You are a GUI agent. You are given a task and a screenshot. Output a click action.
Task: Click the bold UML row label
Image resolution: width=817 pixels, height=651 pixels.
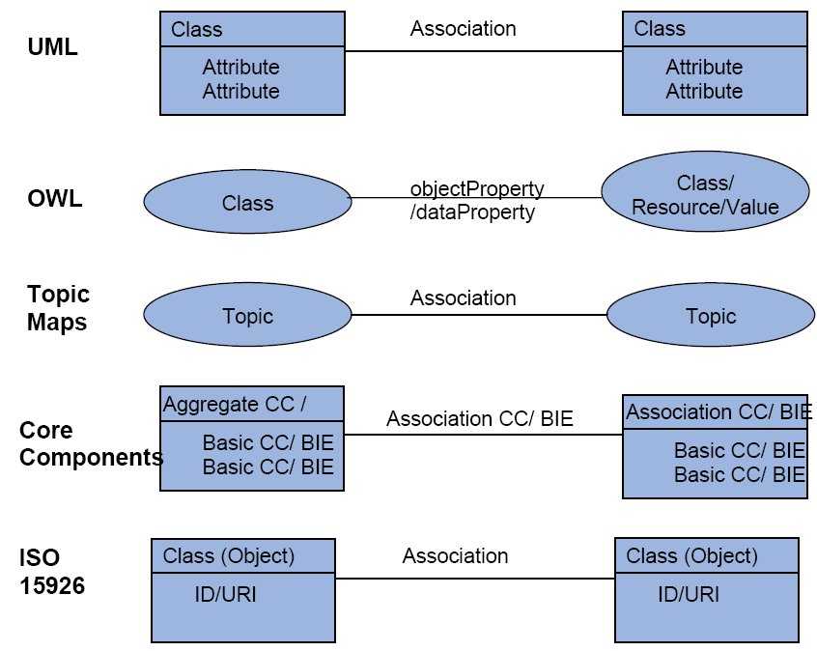point(52,47)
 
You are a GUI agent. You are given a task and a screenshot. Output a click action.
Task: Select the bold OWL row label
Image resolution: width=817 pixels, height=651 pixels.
point(55,199)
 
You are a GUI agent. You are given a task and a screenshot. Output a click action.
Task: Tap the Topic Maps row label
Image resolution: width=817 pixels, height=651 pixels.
point(58,308)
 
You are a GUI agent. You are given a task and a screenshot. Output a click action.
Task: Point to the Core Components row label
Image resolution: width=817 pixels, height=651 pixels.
point(91,443)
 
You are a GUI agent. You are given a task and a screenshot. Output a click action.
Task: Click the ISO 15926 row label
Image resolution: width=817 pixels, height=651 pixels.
point(52,572)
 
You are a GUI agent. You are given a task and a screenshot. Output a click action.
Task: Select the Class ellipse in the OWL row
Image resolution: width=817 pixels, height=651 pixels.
point(247,202)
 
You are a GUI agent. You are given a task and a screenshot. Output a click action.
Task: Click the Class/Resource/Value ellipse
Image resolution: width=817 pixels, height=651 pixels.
point(706,191)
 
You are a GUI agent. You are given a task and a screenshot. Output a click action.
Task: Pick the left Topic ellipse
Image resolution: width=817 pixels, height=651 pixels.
point(247,315)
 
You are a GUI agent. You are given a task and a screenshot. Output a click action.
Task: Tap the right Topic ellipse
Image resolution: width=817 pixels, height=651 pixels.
point(711,315)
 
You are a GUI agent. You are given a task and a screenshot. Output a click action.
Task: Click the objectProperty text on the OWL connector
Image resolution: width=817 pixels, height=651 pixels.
point(477,188)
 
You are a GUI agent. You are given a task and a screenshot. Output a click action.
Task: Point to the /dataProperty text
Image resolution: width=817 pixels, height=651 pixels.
point(472,212)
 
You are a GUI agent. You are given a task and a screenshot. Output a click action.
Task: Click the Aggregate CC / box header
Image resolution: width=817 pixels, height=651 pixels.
point(252,404)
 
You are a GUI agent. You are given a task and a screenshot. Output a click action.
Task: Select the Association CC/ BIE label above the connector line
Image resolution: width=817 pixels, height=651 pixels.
point(480,418)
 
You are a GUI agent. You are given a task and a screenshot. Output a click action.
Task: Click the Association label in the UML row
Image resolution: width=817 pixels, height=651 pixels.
point(464,29)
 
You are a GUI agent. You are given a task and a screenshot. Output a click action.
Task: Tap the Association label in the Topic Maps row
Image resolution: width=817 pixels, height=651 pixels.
point(464,298)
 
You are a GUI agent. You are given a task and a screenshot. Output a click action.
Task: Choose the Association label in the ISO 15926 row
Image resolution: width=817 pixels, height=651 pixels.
point(456,556)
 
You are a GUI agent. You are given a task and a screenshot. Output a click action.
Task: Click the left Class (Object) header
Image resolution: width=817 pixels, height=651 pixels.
point(243,555)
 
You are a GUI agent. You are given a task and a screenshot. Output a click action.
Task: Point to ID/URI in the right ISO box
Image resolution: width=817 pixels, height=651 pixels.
point(689,594)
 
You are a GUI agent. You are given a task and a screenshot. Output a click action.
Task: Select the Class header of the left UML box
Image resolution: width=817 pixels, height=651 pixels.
point(252,29)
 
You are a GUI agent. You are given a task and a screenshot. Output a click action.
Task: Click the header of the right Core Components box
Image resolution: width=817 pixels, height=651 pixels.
point(715,412)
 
